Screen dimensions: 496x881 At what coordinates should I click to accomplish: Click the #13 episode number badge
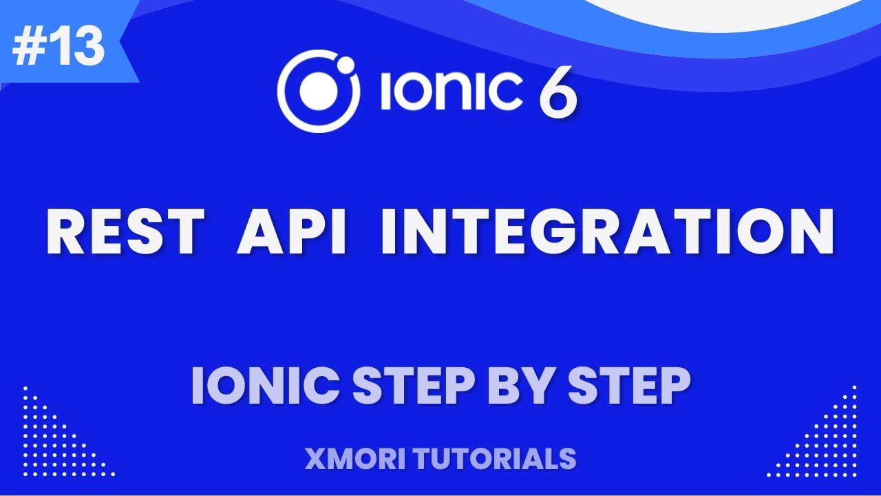[x=59, y=47]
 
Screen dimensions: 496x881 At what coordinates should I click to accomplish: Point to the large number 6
[x=558, y=93]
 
